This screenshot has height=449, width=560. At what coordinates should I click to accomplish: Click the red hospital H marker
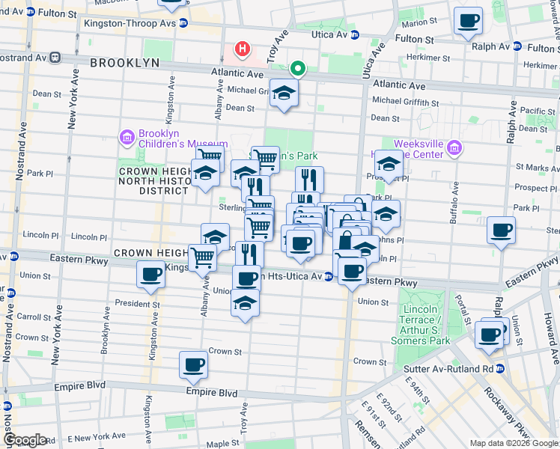point(242,50)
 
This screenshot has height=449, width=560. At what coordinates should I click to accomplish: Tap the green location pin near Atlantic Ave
point(298,70)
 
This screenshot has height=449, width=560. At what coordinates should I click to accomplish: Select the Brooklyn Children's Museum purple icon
point(125,138)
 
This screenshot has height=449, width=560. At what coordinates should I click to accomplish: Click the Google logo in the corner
point(25,439)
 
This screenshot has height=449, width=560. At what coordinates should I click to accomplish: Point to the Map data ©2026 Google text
point(513,443)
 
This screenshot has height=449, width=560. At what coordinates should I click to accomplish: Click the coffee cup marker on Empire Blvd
point(193,365)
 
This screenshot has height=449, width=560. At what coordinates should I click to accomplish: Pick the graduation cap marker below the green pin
point(284,94)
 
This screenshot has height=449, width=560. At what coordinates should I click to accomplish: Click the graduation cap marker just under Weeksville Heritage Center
point(389,164)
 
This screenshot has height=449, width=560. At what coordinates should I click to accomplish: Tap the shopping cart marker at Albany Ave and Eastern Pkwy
point(203,257)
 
